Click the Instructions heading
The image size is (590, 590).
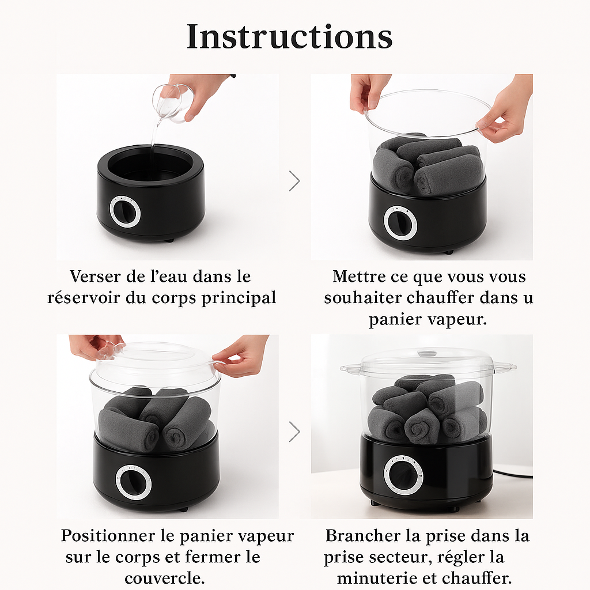pos(289,36)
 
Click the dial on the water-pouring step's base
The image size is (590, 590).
pos(125,211)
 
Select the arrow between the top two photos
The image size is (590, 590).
pos(294,181)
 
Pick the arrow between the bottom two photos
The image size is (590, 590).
pos(294,431)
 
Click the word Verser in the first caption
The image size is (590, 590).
pos(96,277)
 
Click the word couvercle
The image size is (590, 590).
pos(164,578)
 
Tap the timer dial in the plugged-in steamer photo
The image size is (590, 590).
pos(403,475)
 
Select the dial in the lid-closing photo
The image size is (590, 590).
pos(134,482)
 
